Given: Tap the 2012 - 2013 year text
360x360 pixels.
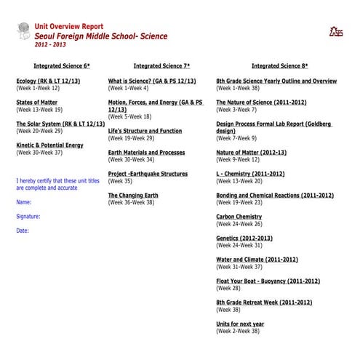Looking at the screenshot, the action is [x=49, y=44].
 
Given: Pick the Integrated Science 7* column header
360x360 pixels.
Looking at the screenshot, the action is [x=161, y=65].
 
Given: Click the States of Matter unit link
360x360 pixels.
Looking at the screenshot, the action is [x=36, y=103].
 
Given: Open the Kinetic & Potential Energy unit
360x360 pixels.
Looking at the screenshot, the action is [x=49, y=145].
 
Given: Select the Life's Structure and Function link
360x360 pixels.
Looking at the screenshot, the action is [x=145, y=131].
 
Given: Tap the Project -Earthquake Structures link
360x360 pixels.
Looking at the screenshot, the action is [x=148, y=174].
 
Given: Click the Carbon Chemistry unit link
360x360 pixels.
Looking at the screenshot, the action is [x=239, y=216].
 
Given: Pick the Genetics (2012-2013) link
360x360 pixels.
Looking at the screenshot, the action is [x=244, y=238].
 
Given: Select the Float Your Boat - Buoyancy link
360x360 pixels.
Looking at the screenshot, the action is [x=268, y=280].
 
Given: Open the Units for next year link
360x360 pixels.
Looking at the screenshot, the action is [x=240, y=323].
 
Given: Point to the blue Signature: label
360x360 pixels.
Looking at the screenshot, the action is [x=28, y=216].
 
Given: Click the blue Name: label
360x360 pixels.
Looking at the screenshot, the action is [x=23, y=201].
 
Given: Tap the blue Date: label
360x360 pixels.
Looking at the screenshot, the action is [x=22, y=231].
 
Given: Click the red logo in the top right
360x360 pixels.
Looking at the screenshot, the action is [x=335, y=31].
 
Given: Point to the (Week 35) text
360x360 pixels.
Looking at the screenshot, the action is [x=120, y=181].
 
